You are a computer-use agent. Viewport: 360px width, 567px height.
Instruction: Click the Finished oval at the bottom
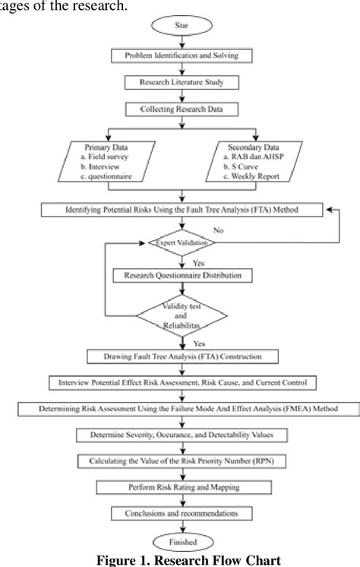coord(181,541)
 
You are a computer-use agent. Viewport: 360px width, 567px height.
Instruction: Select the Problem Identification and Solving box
coord(181,55)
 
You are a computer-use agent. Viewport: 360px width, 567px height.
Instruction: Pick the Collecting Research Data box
coord(181,109)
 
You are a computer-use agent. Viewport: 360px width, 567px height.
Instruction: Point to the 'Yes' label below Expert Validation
coord(199,260)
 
